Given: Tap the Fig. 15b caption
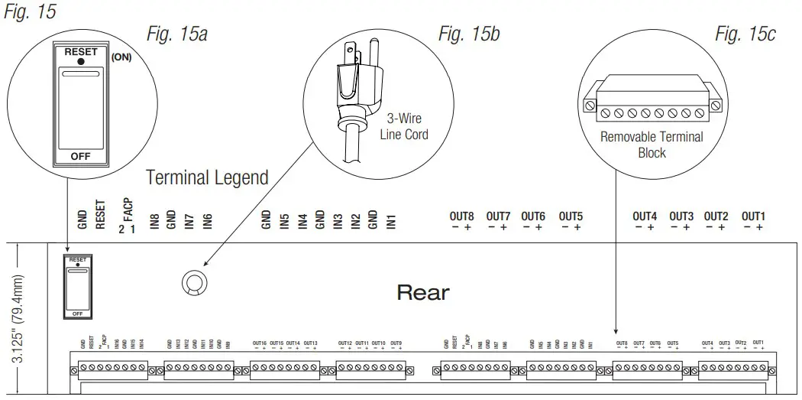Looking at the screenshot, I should click(469, 34).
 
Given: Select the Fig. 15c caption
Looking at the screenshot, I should click(745, 34).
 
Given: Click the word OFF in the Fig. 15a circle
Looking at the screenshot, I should click(80, 156).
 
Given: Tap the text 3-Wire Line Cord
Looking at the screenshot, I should click(404, 127).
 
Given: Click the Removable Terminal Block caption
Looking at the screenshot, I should click(652, 145).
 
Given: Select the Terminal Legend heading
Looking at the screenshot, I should click(207, 178).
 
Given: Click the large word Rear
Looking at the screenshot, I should click(423, 292).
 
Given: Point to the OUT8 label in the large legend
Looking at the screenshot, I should click(461, 216).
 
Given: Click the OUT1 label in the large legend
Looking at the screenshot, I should click(753, 216).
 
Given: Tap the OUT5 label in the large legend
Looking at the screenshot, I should click(571, 216).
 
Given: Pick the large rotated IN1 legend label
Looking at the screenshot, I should click(391, 221).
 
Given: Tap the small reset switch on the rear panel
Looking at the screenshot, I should click(77, 286).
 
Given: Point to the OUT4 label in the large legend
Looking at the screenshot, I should click(645, 216).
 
